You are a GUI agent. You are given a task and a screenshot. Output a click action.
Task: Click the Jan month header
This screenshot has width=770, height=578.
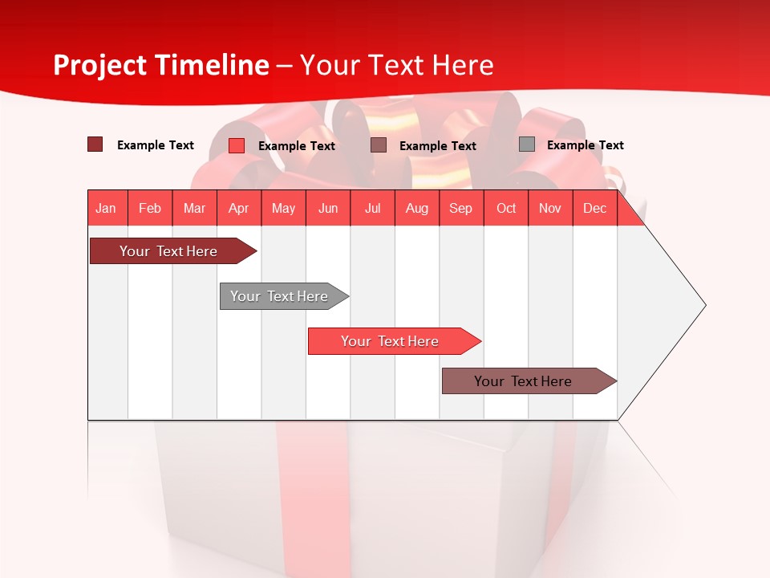point(106,208)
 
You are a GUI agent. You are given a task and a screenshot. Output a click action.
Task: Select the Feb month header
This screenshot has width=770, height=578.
point(150,208)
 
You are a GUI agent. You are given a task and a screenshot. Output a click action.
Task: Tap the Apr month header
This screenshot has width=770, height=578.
point(238,208)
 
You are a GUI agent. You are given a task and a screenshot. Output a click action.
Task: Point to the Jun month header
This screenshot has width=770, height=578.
point(328,208)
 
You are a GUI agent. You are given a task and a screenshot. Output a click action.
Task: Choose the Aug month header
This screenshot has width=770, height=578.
point(416,208)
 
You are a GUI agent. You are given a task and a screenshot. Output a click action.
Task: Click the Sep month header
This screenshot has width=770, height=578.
point(460,208)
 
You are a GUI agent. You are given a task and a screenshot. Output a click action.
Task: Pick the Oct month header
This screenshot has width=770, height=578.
point(506,208)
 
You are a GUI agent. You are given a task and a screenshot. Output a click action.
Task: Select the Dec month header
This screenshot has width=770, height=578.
point(594,208)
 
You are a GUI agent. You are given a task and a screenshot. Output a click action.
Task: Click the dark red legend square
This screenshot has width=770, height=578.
point(95,144)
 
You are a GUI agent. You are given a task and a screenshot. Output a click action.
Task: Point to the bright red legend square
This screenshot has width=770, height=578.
point(237,145)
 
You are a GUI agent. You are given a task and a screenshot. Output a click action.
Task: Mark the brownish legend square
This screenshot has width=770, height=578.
point(379,144)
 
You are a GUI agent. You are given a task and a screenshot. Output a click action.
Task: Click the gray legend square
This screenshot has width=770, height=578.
point(527,144)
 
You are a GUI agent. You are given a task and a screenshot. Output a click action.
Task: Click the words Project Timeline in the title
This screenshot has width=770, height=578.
point(161,65)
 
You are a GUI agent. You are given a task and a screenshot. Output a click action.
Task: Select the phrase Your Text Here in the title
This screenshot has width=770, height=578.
point(396,65)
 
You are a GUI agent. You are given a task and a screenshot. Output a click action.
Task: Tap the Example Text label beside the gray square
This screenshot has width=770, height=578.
point(585,145)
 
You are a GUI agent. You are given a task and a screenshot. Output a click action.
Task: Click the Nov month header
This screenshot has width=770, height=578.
point(550,208)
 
